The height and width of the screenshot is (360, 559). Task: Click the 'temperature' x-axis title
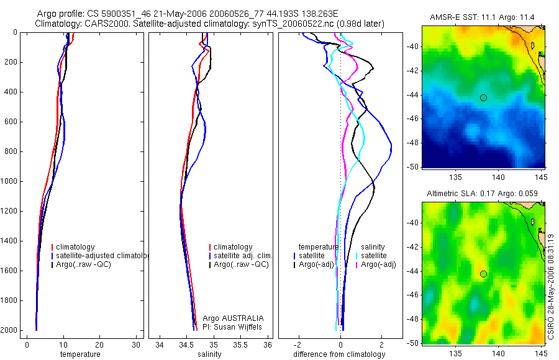click(x=80, y=354)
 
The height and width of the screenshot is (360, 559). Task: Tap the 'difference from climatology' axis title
click(x=339, y=354)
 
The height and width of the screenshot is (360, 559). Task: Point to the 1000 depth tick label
click(x=10, y=181)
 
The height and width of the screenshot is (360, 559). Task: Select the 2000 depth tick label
click(x=10, y=330)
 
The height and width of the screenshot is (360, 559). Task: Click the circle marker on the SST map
click(x=483, y=97)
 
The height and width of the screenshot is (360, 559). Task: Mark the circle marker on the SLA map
click(x=483, y=274)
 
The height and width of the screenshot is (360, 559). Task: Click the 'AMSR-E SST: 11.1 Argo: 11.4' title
click(x=483, y=17)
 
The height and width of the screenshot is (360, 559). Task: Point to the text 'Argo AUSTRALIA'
click(x=229, y=318)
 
